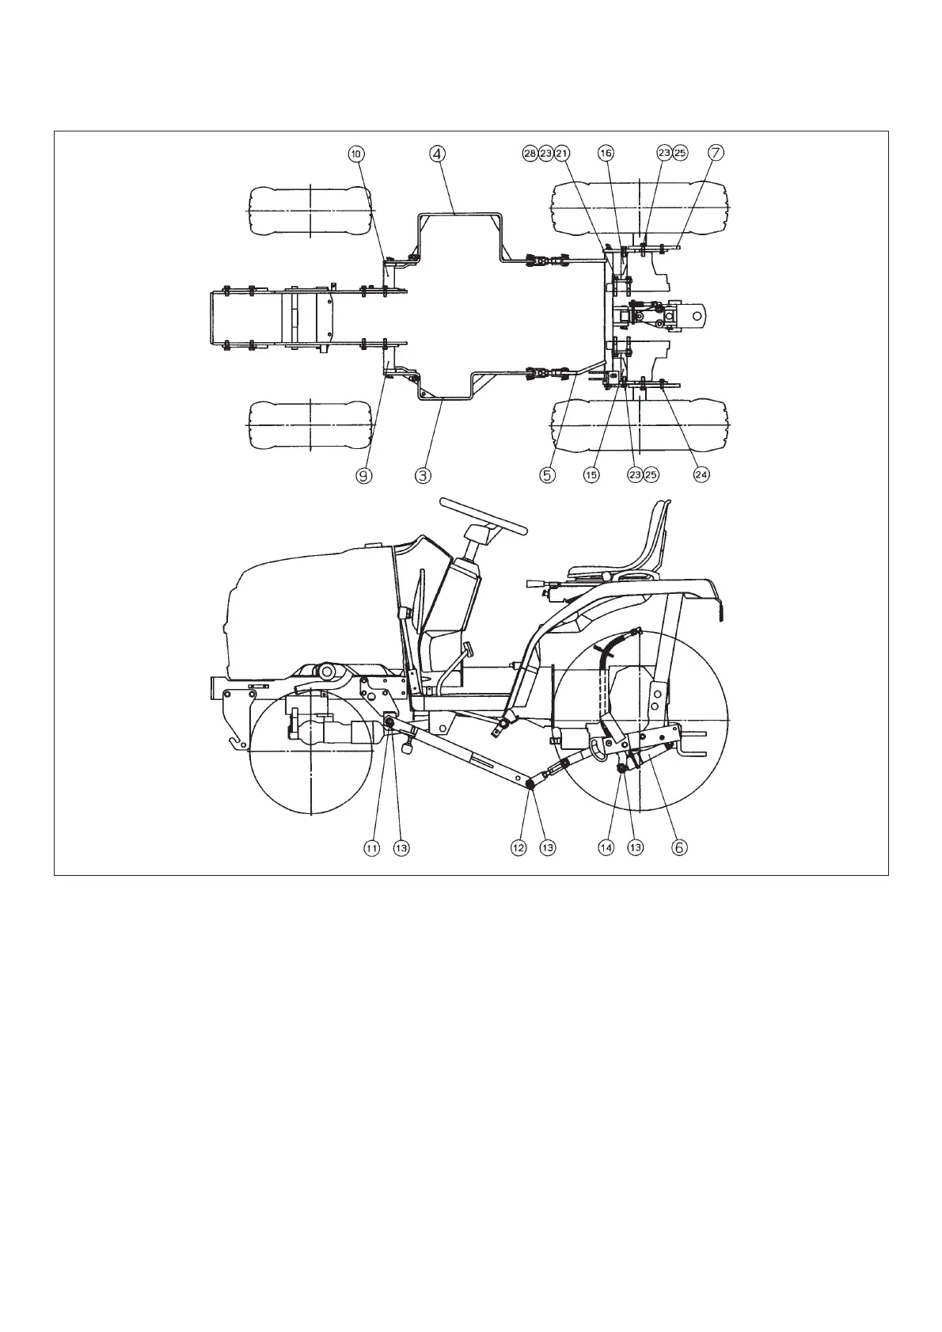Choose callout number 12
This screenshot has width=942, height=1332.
pyautogui.click(x=518, y=847)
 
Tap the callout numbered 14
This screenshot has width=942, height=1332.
pyautogui.click(x=606, y=847)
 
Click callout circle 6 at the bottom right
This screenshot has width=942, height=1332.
pyautogui.click(x=679, y=847)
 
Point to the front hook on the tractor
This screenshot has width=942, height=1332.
pyautogui.click(x=234, y=742)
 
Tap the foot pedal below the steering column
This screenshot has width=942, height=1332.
pyautogui.click(x=467, y=650)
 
